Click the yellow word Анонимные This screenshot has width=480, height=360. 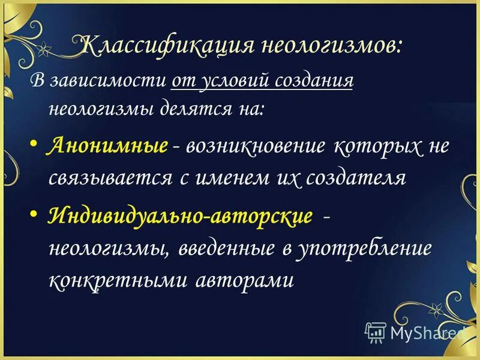[x=107, y=146]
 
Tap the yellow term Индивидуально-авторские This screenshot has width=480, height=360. [x=180, y=216]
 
